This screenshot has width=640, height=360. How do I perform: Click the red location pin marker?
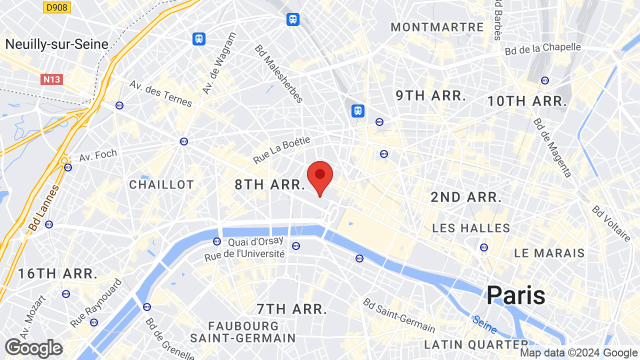pyautogui.click(x=320, y=176)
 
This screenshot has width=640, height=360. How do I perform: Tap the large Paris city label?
pyautogui.click(x=515, y=295)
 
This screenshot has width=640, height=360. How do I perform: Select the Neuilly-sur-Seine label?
pyautogui.click(x=56, y=44)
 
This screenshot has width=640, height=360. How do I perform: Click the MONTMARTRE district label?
pyautogui.click(x=437, y=27)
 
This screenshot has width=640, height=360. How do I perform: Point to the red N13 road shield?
pyautogui.click(x=52, y=79)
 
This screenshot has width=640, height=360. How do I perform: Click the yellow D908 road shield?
pyautogui.click(x=57, y=7)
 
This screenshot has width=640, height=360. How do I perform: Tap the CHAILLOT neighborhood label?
pyautogui.click(x=161, y=184)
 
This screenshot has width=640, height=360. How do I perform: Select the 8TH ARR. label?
pyautogui.click(x=269, y=184)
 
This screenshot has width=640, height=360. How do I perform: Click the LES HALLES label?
pyautogui.click(x=471, y=228)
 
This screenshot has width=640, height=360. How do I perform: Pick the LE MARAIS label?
pyautogui.click(x=549, y=253)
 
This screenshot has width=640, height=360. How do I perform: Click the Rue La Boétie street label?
pyautogui.click(x=282, y=150)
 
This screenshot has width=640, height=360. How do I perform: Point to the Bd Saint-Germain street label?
pyautogui.click(x=399, y=315)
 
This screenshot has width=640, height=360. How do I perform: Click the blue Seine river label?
pyautogui.click(x=484, y=324)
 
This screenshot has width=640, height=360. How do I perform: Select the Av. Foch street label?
pyautogui.click(x=98, y=155)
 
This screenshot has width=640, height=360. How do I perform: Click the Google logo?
pyautogui.click(x=33, y=348)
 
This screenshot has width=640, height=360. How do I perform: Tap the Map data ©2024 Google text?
pyautogui.click(x=578, y=353)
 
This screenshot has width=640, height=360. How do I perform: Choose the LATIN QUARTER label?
pyautogui.click(x=475, y=344)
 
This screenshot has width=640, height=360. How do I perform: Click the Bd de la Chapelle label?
pyautogui.click(x=542, y=49)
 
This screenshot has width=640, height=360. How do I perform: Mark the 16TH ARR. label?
pyautogui.click(x=57, y=273)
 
